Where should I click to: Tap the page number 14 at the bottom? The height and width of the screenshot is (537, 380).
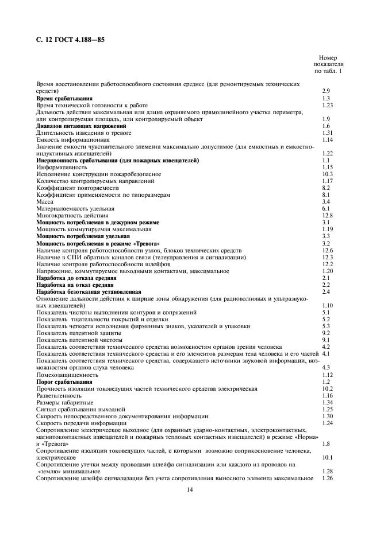tap(190, 489)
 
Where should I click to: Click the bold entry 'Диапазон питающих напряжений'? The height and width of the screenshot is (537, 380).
tap(81, 126)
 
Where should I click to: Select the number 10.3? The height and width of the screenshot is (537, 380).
tap(328, 174)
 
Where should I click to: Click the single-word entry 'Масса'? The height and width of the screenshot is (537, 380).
tap(45, 201)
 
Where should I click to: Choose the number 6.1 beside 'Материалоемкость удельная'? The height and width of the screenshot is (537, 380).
tap(326, 208)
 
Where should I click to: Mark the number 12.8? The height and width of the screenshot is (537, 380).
tap(328, 215)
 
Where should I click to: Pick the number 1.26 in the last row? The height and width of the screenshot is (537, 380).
tap(328, 478)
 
